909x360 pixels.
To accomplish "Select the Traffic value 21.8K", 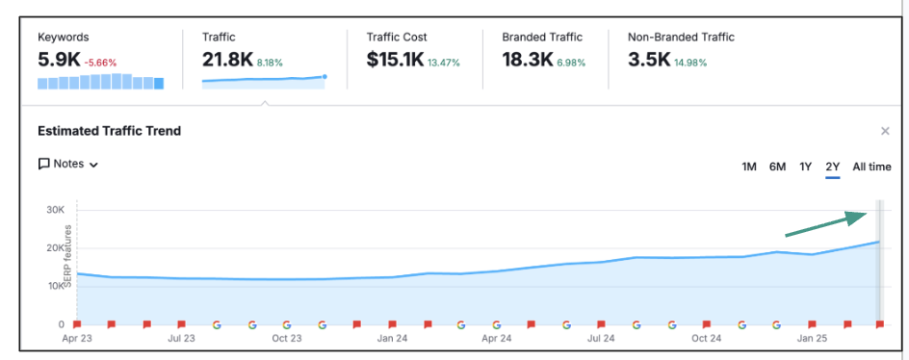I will (x=227, y=60).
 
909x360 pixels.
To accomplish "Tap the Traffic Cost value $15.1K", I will (x=395, y=60).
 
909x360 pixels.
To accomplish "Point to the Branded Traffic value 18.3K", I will (x=526, y=60).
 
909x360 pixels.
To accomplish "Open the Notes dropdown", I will (x=68, y=164).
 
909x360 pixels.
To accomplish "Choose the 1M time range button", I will (x=748, y=167).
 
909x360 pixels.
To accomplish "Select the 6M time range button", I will (x=777, y=167).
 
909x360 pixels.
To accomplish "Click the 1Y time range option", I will (x=806, y=167).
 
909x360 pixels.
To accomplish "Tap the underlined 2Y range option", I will (x=833, y=167).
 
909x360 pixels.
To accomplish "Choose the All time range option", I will (x=871, y=167).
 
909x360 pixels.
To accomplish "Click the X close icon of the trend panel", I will (x=885, y=131).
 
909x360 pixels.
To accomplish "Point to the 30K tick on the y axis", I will (x=56, y=210).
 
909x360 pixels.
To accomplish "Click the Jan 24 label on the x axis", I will (x=391, y=339).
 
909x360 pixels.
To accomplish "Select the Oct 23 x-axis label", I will (x=286, y=339).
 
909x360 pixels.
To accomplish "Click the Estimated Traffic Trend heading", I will (x=109, y=131).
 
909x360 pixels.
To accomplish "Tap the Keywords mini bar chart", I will (x=100, y=82).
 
